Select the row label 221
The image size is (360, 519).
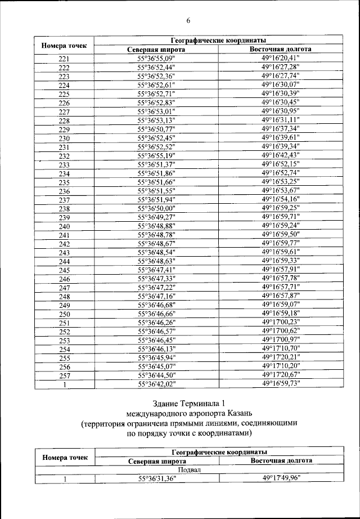pyautogui.click(x=64, y=59)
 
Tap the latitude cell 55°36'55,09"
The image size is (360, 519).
pyautogui.click(x=156, y=58)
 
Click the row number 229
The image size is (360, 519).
pyautogui.click(x=64, y=129)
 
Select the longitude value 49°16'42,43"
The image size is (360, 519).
pyautogui.click(x=281, y=155)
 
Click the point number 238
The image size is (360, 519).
pyautogui.click(x=64, y=209)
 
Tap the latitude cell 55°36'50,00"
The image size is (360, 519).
pyautogui.click(x=156, y=208)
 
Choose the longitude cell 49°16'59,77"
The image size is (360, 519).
pyautogui.click(x=281, y=243)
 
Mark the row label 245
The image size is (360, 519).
pyautogui.click(x=64, y=271)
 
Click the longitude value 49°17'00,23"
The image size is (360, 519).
pyautogui.click(x=281, y=323)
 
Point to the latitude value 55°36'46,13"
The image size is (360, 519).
pyautogui.click(x=156, y=349)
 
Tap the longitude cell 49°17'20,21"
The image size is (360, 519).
pyautogui.click(x=281, y=357)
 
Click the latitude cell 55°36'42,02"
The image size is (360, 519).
pyautogui.click(x=156, y=384)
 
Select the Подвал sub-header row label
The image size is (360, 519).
pyautogui.click(x=190, y=469)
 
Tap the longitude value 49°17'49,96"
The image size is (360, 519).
pyautogui.click(x=281, y=478)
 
